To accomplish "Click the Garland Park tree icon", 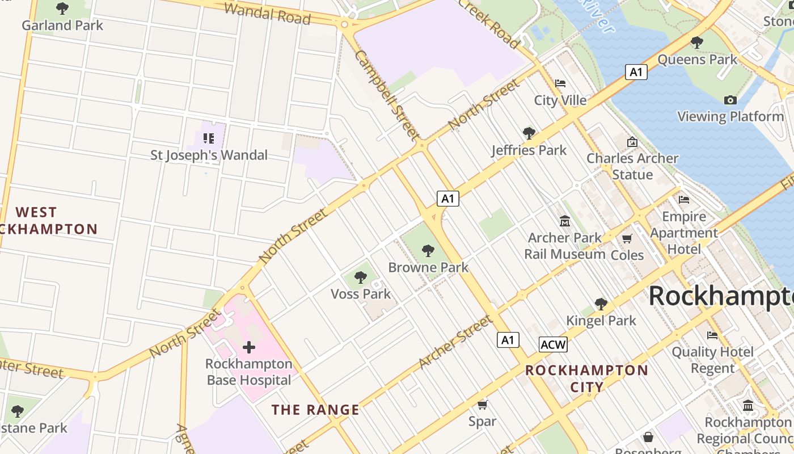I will [x=62, y=9].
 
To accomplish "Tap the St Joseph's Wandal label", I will [x=209, y=155].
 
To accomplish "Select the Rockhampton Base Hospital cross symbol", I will [x=248, y=347].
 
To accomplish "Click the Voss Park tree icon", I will [x=360, y=278].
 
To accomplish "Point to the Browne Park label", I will [x=428, y=267].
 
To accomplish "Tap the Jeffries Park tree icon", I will [x=529, y=133].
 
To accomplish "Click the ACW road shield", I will [x=553, y=344].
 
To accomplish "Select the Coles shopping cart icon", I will [x=627, y=238].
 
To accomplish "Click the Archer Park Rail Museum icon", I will [x=564, y=221].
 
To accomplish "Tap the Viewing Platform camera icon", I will [x=730, y=100].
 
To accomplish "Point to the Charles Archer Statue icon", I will [x=632, y=142].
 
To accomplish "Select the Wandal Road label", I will [x=268, y=14].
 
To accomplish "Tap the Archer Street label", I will [x=456, y=342].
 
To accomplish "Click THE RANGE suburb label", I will [x=315, y=410].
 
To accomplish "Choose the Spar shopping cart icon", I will [x=482, y=405].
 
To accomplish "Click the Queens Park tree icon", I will [x=697, y=43].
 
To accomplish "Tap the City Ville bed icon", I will [x=560, y=83].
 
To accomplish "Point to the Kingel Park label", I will [x=601, y=321].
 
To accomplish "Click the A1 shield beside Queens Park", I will [x=636, y=72].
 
